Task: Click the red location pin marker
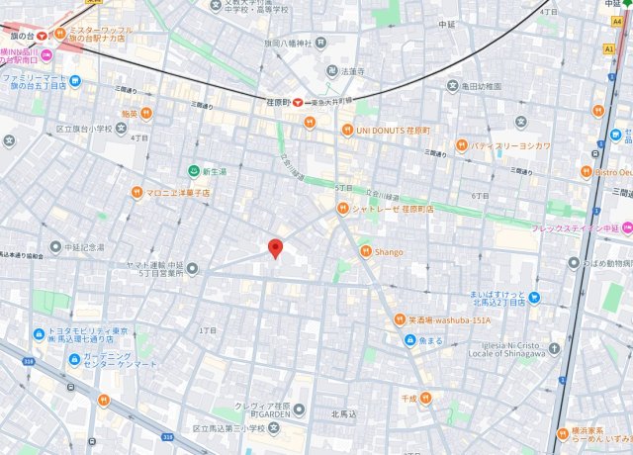pos(276,248)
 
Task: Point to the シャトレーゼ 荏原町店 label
pos(390,209)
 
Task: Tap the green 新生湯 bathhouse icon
pos(194,171)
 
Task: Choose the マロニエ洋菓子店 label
pos(177,192)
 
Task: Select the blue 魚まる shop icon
pos(410,340)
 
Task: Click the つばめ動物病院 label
pos(608,263)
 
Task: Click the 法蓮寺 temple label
pos(352,71)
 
